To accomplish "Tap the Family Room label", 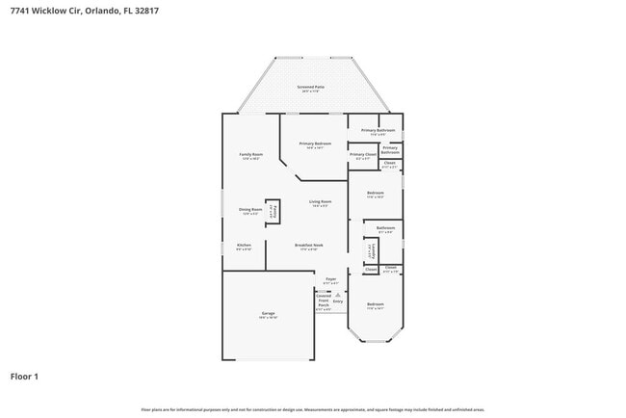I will click(250, 155).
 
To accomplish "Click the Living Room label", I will click(320, 202).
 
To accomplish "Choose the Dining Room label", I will click(250, 211).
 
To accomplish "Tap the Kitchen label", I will click(244, 247).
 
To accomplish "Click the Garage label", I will click(268, 315).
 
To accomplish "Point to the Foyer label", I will click(330, 280).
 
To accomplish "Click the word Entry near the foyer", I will click(338, 301).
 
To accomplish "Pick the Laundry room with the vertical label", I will click(371, 251).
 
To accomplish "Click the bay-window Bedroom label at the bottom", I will click(375, 306).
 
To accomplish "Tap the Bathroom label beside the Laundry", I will click(385, 229).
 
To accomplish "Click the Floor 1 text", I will click(24, 376).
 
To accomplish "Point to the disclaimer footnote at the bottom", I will click(312, 409).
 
